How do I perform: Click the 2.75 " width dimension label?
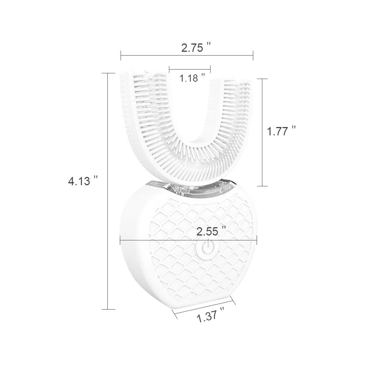[x=195, y=48]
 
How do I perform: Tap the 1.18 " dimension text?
[x=192, y=78]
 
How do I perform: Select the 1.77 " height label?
[x=281, y=132]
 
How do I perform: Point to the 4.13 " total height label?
[x=83, y=181]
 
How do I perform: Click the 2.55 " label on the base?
[x=211, y=231]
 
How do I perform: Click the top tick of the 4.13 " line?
[x=108, y=73]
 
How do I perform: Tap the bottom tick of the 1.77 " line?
[x=262, y=186]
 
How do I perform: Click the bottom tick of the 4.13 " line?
[x=108, y=309]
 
